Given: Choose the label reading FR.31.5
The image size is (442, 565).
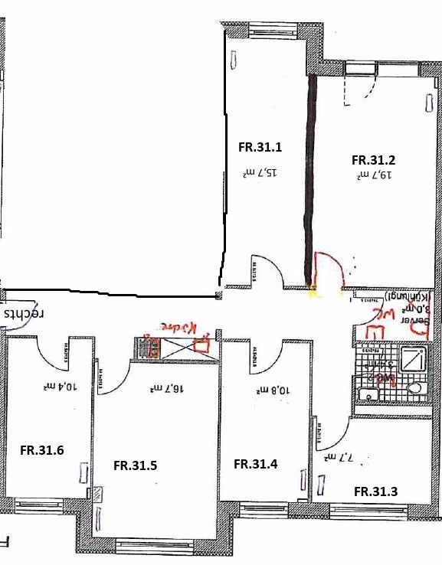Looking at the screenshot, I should pyautogui.click(x=136, y=465).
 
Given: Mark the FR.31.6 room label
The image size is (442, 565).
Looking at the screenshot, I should pyautogui.click(x=41, y=450).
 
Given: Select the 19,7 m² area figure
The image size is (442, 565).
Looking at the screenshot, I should pyautogui.click(x=375, y=175).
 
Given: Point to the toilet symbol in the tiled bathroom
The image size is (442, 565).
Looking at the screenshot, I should pyautogui.click(x=416, y=389).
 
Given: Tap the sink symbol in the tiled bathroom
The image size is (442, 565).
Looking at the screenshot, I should pyautogui.click(x=369, y=394).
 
